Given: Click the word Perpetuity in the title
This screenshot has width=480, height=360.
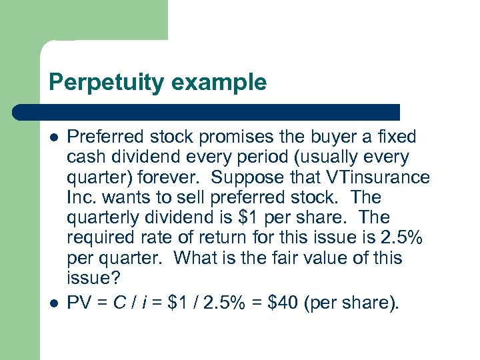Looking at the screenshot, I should pyautogui.click(x=104, y=83).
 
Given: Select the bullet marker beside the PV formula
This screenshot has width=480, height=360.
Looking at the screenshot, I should pyautogui.click(x=54, y=303).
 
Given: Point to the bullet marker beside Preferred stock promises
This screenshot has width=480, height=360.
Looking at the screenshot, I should pyautogui.click(x=54, y=137).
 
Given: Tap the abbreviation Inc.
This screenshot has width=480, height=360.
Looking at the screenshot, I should pyautogui.click(x=79, y=198).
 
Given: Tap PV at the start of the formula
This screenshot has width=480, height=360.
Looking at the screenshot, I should pyautogui.click(x=79, y=303).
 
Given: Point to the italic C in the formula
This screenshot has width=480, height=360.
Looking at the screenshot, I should pyautogui.click(x=117, y=303).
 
